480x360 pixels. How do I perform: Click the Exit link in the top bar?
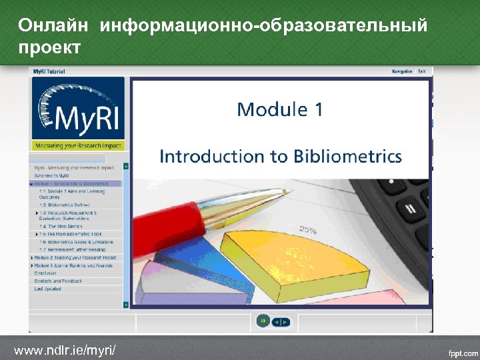(422, 71)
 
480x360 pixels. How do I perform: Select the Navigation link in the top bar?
(402, 71)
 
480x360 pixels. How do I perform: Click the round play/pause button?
(263, 321)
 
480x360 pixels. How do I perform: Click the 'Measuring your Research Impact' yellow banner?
(77, 146)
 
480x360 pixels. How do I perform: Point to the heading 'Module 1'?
(279, 109)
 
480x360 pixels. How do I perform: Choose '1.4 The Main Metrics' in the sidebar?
(63, 227)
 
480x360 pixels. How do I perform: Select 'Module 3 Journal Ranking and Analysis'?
(74, 265)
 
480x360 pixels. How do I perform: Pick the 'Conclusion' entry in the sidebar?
(45, 273)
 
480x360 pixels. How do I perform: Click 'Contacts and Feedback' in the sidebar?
(58, 281)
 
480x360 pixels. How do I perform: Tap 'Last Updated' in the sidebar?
(47, 289)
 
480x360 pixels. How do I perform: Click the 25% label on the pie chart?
(307, 231)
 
